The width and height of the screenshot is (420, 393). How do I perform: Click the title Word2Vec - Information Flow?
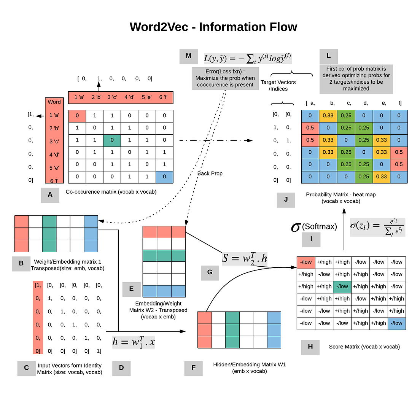tap(213, 27)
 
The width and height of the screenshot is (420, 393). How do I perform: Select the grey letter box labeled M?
tap(189, 56)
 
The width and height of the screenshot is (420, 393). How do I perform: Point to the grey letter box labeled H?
tap(310, 347)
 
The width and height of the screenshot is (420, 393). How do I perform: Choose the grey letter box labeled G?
tap(210, 272)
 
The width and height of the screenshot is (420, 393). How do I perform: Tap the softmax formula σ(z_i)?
tap(377, 227)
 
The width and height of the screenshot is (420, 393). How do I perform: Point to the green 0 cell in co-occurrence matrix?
tap(112, 140)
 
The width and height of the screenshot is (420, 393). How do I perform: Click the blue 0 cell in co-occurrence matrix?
tap(164, 177)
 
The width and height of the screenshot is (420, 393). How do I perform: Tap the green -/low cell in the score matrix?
tap(342, 286)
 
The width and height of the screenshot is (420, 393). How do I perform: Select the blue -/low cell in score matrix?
tap(396, 323)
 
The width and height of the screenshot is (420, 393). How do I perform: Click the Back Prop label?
tap(210, 173)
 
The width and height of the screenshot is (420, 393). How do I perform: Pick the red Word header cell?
tap(54, 102)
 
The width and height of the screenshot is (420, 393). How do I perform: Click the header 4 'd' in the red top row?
tap(129, 97)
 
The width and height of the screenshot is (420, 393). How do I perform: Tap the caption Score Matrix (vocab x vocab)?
tap(364, 347)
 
